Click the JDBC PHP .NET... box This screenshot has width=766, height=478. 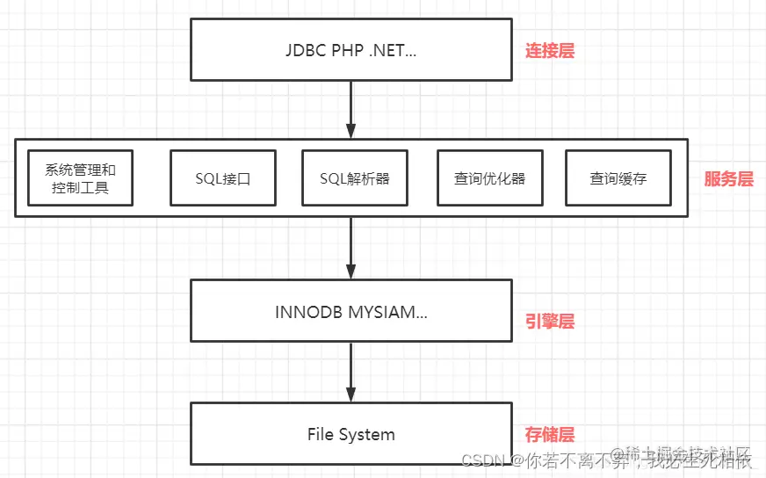pos(351,49)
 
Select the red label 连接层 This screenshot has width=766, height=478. pos(550,50)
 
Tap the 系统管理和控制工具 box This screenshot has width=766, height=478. pos(80,178)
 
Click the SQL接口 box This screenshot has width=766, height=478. pos(223,178)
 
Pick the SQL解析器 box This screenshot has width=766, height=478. pos(354,178)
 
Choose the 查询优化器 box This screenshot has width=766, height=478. pos(489,178)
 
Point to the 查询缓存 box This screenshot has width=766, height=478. pos(618,178)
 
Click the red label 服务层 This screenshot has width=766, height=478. pos(728,179)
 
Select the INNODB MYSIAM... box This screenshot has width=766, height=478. pos(351,311)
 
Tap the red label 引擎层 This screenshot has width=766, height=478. pos(550,322)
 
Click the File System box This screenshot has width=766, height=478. pos(351,434)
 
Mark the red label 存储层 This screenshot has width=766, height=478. pos(550,434)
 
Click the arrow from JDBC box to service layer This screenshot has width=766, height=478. pos(351,109)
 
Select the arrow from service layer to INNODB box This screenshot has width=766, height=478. pos(351,248)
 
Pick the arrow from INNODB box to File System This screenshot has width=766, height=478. pos(351,372)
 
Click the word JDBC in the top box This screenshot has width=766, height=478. pos(304,50)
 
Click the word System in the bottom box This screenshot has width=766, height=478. pos(368,434)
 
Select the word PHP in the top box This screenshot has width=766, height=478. pos(346,50)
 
